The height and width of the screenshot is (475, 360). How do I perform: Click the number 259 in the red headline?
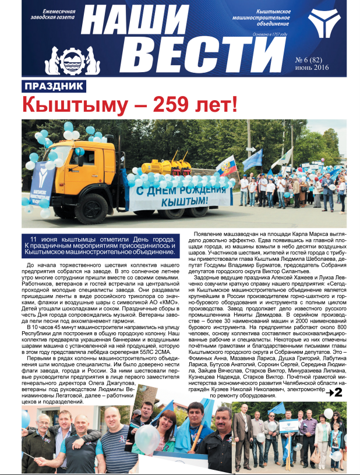pos(170,105)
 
